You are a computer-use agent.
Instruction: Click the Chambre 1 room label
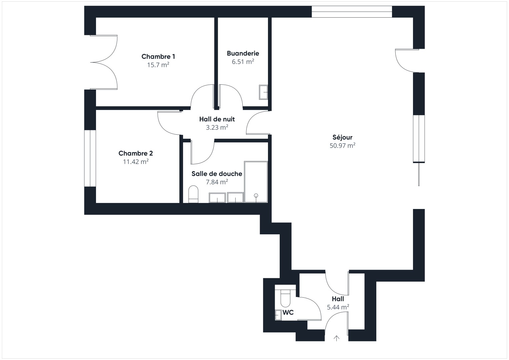click(158, 56)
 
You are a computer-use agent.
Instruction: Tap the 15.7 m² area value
click(158, 65)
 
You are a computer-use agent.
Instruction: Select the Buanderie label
click(243, 53)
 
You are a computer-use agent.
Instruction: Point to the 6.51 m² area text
click(243, 62)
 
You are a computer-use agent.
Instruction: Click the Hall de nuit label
click(217, 119)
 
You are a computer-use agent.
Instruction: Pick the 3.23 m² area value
click(217, 127)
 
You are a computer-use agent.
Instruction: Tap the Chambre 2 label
click(136, 153)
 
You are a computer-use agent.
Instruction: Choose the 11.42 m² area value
click(136, 162)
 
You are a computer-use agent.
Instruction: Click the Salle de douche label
click(217, 174)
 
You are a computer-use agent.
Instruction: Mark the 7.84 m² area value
click(217, 182)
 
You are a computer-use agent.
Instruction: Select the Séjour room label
click(342, 137)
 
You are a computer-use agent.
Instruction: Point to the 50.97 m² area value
click(342, 145)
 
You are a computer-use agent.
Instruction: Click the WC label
click(288, 313)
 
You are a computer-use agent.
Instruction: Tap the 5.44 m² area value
click(338, 307)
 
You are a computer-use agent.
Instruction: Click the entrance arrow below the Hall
click(336, 338)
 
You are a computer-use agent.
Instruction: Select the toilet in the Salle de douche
click(193, 194)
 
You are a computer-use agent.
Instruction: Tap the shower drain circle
click(256, 195)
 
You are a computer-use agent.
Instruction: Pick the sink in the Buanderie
click(263, 92)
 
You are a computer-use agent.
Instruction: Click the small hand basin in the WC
click(278, 315)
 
